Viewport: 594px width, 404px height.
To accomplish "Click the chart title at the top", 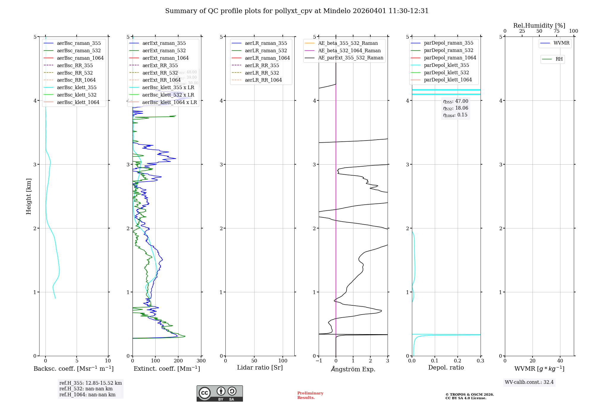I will (297, 11).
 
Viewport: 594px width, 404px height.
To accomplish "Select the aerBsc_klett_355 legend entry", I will (76, 87).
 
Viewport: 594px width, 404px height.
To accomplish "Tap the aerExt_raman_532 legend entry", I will (164, 50).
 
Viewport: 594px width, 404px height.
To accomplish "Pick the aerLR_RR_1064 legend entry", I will (263, 80).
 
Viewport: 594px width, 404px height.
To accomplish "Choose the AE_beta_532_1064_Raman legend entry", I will (349, 50).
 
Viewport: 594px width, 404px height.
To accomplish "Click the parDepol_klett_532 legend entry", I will (446, 72).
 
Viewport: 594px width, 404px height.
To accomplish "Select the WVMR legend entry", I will (561, 43).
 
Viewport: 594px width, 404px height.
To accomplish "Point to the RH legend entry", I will (559, 59).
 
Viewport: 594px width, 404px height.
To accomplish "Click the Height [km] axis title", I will (29, 196).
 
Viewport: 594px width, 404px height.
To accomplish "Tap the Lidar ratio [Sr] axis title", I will (260, 367).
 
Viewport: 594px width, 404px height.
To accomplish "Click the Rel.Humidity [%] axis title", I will (539, 26).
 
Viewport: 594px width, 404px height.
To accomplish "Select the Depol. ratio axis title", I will (446, 367).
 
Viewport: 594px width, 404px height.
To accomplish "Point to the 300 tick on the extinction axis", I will (201, 361).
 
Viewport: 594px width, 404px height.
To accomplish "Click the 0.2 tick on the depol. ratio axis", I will (458, 361).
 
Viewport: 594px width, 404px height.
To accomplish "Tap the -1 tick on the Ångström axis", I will (318, 361).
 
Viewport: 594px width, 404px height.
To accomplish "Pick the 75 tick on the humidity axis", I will (556, 31).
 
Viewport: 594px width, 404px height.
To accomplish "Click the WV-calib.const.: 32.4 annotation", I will (529, 382).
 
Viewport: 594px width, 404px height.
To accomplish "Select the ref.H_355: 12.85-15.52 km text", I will (91, 383).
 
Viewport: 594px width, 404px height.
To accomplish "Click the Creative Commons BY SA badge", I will (219, 393).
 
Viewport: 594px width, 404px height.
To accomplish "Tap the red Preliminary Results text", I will (310, 395).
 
